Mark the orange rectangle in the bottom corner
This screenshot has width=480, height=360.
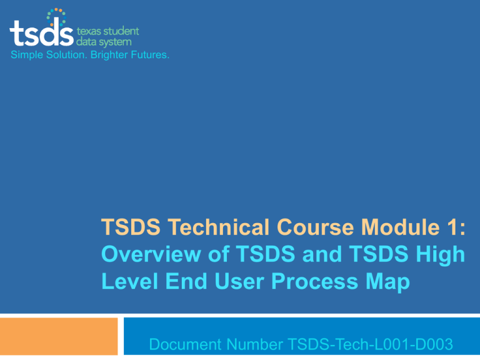pyautogui.click(x=59, y=337)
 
